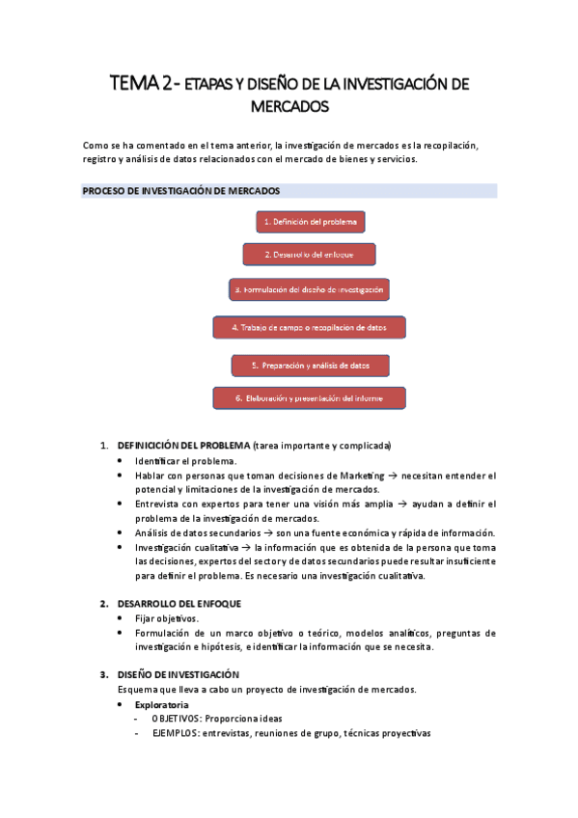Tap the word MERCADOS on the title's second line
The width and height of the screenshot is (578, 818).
tap(289, 105)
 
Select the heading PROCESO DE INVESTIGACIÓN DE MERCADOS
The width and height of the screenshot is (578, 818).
tap(181, 191)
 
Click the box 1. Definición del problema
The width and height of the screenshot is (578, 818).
tap(311, 222)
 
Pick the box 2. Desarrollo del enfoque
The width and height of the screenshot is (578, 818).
tap(309, 255)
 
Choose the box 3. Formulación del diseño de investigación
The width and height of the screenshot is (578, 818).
tap(309, 289)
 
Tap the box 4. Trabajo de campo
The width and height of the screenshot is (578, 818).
tap(309, 328)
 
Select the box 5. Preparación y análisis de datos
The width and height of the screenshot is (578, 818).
tap(310, 366)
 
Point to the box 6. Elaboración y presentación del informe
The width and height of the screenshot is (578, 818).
tap(309, 397)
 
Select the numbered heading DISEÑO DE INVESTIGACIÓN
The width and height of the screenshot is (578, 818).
tap(178, 674)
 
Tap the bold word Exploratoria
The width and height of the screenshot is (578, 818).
tap(161, 705)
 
